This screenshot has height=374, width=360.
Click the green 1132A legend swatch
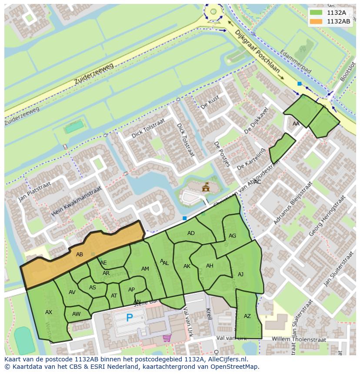tap(316, 13)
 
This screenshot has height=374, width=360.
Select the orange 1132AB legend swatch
tap(316, 21)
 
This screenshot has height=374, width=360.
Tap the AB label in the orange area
tap(80, 255)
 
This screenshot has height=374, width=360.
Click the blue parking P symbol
tap(129, 318)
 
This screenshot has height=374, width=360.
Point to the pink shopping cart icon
tap(167, 338)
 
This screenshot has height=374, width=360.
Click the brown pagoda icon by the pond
tap(206, 188)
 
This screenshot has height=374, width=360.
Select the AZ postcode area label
tap(247, 316)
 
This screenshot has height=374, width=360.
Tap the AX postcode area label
tap(49, 312)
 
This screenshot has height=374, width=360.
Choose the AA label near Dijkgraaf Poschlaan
tap(296, 124)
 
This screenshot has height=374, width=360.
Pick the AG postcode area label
tap(232, 236)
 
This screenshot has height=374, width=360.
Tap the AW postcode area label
tap(77, 314)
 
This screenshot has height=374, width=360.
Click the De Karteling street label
tap(251, 160)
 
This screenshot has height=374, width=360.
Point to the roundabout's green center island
tap(213, 12)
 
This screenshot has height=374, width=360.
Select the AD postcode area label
tap(191, 233)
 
